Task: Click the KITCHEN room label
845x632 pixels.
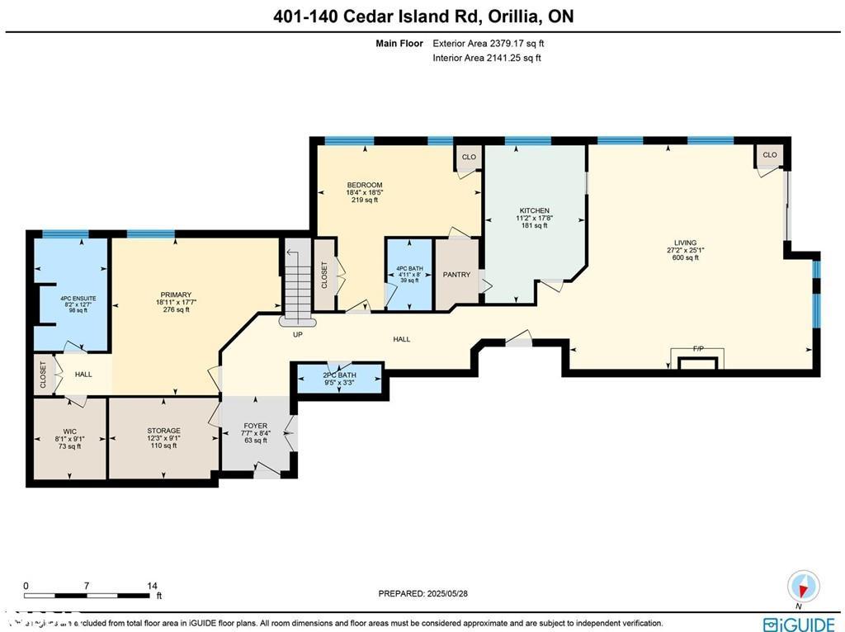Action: point(534,210)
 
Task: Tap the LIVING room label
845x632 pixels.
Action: point(685,243)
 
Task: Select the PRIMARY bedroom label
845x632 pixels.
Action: point(176,295)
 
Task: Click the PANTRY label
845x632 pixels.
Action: point(456,275)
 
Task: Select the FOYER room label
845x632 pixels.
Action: point(256,427)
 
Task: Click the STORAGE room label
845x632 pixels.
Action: point(163,431)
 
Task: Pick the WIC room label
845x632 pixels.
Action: point(69,431)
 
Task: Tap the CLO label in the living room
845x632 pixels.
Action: point(769,155)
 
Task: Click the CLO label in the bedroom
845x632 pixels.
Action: point(469,156)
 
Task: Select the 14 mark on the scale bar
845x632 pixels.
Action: point(153,586)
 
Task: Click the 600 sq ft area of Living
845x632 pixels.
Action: point(685,257)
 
